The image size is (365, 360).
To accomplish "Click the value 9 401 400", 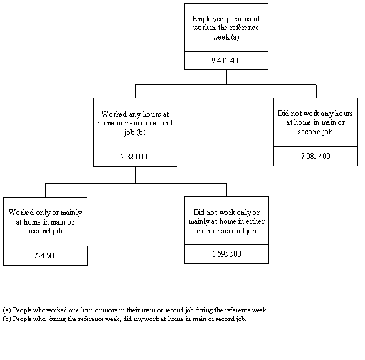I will point(226,61).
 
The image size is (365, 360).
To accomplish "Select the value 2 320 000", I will point(135,157).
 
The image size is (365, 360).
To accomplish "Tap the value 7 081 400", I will point(315,156).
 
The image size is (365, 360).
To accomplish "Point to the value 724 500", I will point(45,256).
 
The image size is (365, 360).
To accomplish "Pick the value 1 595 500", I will point(226,254).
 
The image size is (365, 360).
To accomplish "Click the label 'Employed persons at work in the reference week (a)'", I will point(226,28).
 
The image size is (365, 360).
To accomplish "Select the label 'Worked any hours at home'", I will point(135,123).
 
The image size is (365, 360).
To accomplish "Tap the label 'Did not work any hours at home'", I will point(315,122).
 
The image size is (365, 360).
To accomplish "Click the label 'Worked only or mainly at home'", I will point(45,221).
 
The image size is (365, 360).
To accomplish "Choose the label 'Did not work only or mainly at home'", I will point(226,221).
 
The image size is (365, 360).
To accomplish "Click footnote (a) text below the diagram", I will point(135,310).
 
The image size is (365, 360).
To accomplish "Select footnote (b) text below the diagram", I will point(125,319).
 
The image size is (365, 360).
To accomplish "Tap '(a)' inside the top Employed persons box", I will point(235,37).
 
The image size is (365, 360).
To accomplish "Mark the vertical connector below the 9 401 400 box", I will point(226,77).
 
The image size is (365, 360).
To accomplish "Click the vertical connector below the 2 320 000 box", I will point(135,175).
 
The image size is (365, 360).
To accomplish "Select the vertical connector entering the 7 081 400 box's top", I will point(316,91).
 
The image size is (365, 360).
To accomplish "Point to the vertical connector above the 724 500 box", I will point(45,190).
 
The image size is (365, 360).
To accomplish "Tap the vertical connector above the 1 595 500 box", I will point(226,189).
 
